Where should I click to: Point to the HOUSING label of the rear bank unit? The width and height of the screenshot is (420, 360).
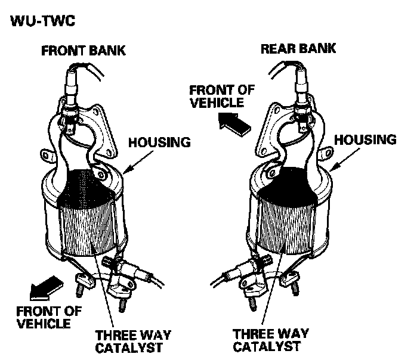(x=366, y=139)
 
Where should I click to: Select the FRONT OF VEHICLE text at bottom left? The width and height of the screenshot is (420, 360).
(x=44, y=316)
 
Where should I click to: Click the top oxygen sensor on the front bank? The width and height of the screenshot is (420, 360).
(x=72, y=89)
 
